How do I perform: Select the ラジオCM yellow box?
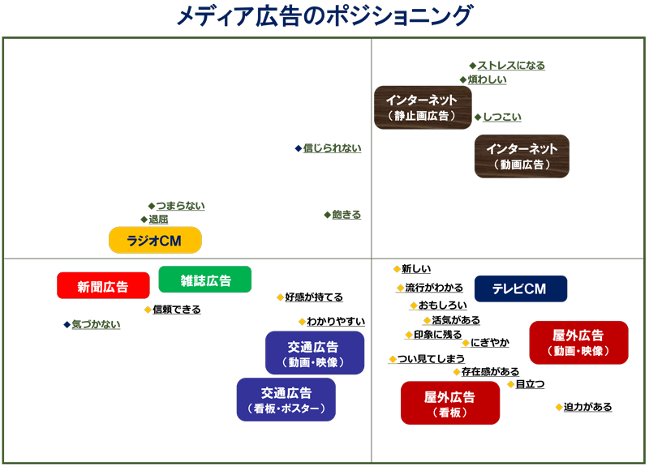click(x=155, y=240)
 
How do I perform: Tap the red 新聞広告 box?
click(x=103, y=285)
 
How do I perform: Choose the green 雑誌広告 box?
click(x=205, y=280)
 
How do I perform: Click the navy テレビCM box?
click(x=520, y=289)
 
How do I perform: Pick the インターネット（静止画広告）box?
click(x=422, y=107)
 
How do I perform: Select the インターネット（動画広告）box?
click(x=522, y=156)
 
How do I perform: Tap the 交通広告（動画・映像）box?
click(x=314, y=353)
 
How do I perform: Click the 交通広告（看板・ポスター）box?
click(x=286, y=399)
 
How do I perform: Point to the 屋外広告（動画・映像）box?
click(x=578, y=342)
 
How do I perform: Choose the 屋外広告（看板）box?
click(x=450, y=403)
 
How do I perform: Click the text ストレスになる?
click(x=511, y=66)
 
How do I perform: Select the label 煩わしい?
click(x=488, y=79)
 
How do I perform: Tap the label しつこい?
click(x=502, y=118)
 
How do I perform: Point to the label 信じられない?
click(x=333, y=148)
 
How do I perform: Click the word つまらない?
click(x=180, y=206)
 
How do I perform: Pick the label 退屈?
click(x=158, y=220)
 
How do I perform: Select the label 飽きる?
click(x=346, y=215)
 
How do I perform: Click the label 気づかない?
click(x=96, y=324)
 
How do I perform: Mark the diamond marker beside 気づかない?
click(x=67, y=324)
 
